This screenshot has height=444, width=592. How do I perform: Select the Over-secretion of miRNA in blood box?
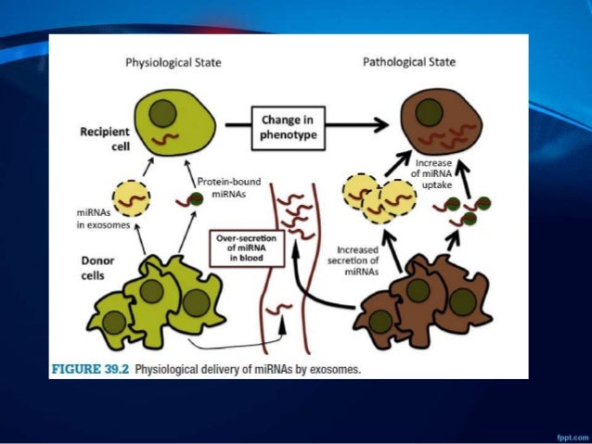239,247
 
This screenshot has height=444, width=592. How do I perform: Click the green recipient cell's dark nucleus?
168,116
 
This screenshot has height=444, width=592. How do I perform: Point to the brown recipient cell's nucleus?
428,113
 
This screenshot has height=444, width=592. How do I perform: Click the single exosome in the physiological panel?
131,197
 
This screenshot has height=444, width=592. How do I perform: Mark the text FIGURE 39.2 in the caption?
89,369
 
